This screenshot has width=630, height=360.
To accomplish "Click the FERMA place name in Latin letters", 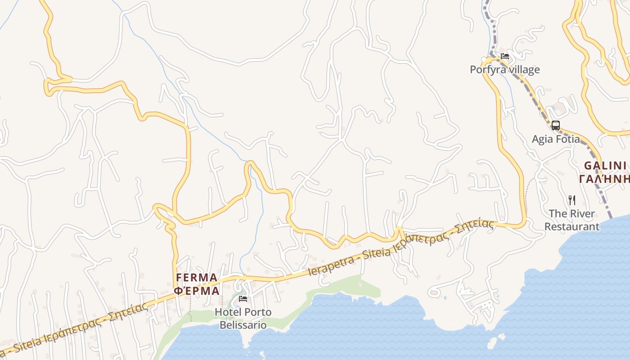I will pos(197,277).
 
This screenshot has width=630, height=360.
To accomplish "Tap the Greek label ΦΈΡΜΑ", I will pos(197,291).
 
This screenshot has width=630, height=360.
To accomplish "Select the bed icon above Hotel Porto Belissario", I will pos(243,299).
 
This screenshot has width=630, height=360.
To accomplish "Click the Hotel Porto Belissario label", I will pos(243,318).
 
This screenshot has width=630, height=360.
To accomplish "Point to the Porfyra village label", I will pos(504,70).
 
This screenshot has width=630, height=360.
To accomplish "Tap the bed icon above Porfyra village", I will pos(505,57).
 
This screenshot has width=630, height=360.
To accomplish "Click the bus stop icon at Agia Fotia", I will pos(556,126).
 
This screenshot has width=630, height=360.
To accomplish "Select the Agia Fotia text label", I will pos(556,139).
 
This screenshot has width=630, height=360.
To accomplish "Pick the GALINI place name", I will pos(605,166).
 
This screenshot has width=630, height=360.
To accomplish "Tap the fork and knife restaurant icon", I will pos(572,200).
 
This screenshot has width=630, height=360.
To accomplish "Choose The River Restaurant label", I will pos(572,220).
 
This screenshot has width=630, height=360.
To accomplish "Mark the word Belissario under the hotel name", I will pos(243,325).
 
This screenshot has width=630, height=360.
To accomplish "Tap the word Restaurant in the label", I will pos(572,226).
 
